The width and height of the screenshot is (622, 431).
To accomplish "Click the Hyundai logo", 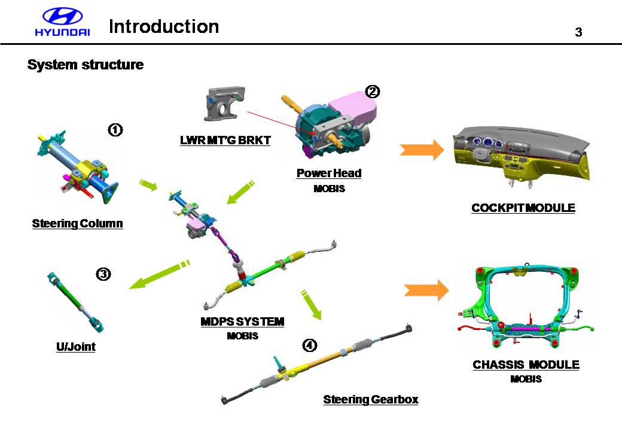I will [x=62, y=23].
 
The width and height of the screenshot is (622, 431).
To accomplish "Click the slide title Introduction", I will [x=164, y=26].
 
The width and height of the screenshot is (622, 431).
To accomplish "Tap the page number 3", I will [x=578, y=32].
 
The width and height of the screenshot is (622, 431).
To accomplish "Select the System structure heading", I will [x=86, y=65].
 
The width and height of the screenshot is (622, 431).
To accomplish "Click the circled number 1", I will [x=115, y=129].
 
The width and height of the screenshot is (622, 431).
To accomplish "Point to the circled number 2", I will [x=373, y=92].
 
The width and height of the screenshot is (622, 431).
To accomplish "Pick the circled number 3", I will [x=103, y=274].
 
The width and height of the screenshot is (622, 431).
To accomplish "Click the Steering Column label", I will [x=77, y=224].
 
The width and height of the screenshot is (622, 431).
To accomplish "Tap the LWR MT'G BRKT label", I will [x=225, y=141].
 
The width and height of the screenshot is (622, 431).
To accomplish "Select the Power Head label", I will [x=329, y=174].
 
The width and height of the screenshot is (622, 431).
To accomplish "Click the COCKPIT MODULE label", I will [x=523, y=208].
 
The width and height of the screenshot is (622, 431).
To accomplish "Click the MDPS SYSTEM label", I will [x=242, y=322].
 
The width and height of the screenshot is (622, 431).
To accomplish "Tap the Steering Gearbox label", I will [x=371, y=399].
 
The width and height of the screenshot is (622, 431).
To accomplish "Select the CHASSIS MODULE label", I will [x=526, y=365].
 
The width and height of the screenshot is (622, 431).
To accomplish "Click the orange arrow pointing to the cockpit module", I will [x=422, y=150].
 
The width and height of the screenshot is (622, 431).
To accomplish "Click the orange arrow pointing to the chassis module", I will [x=426, y=290].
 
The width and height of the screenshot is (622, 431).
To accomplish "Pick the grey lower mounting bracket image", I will [x=226, y=105].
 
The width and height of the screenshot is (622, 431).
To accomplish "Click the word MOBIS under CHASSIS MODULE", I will [x=526, y=379].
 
